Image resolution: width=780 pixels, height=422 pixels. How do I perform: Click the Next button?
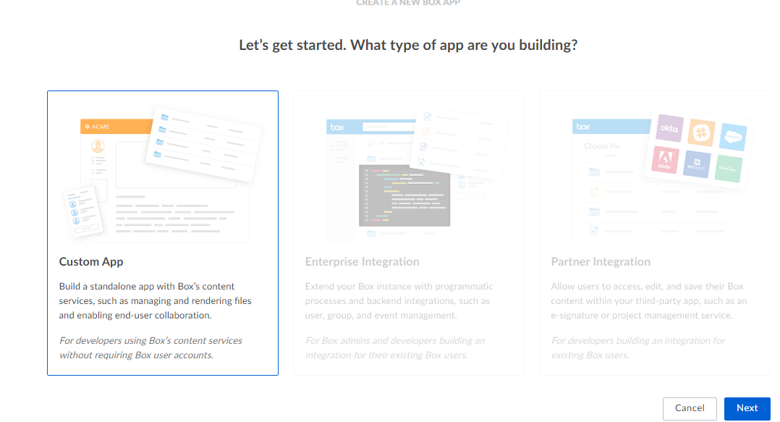(x=747, y=408)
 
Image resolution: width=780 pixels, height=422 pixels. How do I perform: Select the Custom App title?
(x=91, y=262)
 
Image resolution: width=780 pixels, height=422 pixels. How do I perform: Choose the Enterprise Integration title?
(x=362, y=262)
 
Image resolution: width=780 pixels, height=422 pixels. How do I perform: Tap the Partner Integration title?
(x=601, y=262)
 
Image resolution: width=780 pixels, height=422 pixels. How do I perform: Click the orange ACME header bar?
(x=116, y=127)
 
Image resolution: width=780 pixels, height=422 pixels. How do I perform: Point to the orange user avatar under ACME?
(x=98, y=147)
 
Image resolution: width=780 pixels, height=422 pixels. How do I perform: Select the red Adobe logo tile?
(x=665, y=160)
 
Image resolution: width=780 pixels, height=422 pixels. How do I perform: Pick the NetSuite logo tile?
(x=697, y=164)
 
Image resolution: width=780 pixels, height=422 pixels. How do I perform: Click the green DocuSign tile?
(x=728, y=167)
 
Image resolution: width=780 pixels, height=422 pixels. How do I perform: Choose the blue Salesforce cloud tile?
(x=732, y=136)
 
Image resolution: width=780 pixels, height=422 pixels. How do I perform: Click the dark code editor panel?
(x=404, y=195)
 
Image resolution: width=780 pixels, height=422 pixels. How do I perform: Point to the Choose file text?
(x=602, y=145)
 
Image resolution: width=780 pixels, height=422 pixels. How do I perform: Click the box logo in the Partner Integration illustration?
(x=583, y=127)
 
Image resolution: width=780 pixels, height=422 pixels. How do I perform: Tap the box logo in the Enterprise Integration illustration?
(x=337, y=127)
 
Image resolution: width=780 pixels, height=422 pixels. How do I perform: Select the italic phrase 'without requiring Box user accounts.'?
(x=136, y=355)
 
